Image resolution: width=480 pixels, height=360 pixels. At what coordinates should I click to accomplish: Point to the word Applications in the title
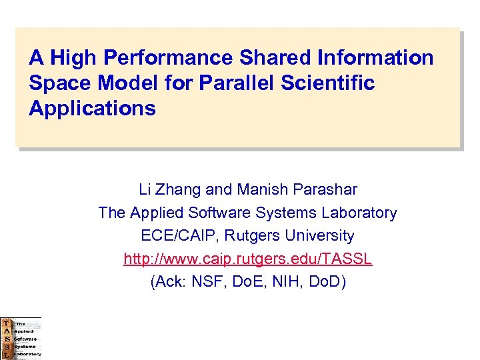point(92,108)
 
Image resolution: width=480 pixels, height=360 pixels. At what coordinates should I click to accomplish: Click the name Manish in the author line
point(265,190)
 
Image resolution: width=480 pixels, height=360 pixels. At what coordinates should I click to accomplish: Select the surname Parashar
point(325,190)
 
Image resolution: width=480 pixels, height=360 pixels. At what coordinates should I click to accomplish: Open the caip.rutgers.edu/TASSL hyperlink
point(247,259)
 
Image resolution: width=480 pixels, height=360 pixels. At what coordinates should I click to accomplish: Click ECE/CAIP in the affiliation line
point(171,236)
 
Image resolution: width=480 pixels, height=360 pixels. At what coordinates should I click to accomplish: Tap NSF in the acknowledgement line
point(207,281)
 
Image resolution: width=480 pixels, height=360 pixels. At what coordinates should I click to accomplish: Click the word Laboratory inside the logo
point(27,354)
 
